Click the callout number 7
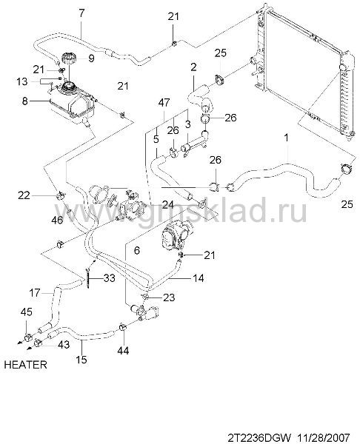pyautogui.click(x=81, y=13)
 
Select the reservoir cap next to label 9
pyautogui.click(x=68, y=59)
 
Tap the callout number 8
pyautogui.click(x=25, y=101)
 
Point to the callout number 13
pyautogui.click(x=22, y=81)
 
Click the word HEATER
pyautogui.click(x=25, y=365)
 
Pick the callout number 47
pyautogui.click(x=164, y=103)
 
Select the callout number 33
pyautogui.click(x=110, y=278)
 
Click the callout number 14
pyautogui.click(x=199, y=278)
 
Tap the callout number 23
pyautogui.click(x=169, y=297)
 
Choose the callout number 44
pyautogui.click(x=123, y=351)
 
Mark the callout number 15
pyautogui.click(x=81, y=360)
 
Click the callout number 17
pyautogui.click(x=35, y=293)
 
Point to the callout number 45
pyautogui.click(x=27, y=312)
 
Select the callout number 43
pyautogui.click(x=63, y=344)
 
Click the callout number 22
pyautogui.click(x=24, y=195)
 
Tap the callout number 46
pyautogui.click(x=57, y=220)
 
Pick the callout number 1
pyautogui.click(x=287, y=138)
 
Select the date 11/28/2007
pyautogui.click(x=324, y=437)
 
